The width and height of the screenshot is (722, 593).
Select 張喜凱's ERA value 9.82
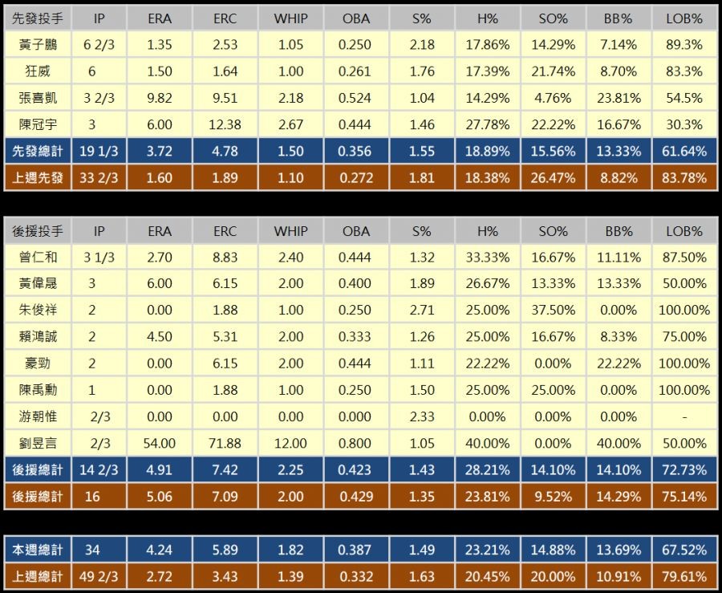[160, 98]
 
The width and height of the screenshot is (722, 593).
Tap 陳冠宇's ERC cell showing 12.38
[225, 124]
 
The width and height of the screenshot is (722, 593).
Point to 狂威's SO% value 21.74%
[553, 71]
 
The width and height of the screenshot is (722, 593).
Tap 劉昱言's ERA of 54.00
[160, 443]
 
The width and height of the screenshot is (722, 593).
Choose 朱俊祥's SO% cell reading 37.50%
[553, 311]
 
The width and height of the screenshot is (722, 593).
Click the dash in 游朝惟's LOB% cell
[684, 416]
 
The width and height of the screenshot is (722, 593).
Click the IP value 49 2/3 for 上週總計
[99, 576]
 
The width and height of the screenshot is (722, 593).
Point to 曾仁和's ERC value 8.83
[225, 258]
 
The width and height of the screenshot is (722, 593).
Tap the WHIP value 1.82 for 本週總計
[290, 550]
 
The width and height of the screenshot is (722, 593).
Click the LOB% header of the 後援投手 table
[684, 231]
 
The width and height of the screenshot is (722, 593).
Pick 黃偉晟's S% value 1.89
[422, 284]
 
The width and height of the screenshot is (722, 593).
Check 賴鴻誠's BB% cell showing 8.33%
[618, 337]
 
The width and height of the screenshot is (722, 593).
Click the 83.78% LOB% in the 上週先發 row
[684, 177]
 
